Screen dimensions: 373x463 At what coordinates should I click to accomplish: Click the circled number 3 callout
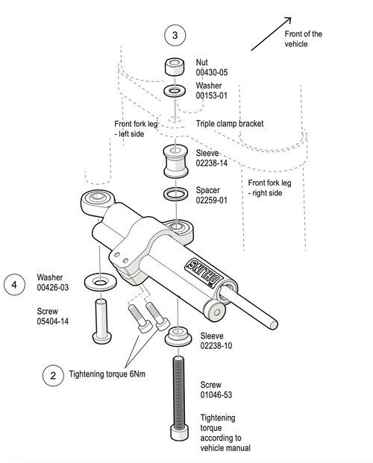point(175,35)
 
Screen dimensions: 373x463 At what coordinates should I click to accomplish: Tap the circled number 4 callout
point(14,285)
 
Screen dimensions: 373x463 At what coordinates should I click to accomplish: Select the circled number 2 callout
point(53,376)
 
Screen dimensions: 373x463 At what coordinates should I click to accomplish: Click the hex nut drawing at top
point(175,67)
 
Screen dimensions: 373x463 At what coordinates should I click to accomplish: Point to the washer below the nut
point(175,90)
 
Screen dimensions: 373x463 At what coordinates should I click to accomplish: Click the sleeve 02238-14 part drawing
point(175,160)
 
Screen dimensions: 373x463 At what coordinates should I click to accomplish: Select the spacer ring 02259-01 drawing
point(175,194)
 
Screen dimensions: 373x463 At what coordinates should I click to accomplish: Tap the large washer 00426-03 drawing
point(100,282)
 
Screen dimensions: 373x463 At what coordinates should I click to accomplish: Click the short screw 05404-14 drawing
point(101,321)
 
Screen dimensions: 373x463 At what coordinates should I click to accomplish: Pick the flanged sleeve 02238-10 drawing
point(178,336)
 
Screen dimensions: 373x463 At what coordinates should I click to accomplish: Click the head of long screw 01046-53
point(179,433)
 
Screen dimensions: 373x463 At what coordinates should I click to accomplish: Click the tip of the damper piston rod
point(275,325)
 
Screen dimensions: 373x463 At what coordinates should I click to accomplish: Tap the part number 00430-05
point(212,72)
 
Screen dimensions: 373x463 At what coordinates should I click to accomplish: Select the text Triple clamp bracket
point(230,124)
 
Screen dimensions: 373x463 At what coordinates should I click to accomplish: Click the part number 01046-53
point(216,394)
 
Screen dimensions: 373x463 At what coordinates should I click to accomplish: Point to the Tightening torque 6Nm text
point(107,374)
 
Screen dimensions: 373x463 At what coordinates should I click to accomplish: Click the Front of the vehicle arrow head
point(288,20)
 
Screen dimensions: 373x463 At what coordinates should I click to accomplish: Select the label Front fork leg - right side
point(269,188)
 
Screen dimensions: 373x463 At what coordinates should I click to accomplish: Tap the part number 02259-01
point(212,201)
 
